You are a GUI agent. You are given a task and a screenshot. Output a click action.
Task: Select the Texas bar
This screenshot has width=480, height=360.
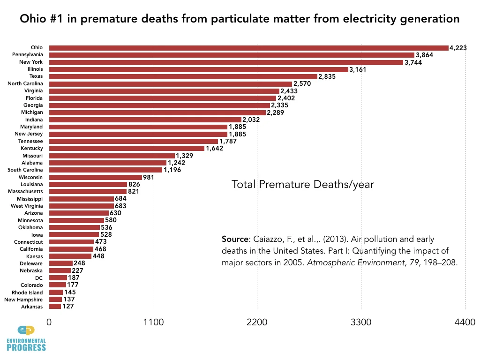coord(183,76)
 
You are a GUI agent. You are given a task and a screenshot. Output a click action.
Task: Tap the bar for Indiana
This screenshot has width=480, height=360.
coord(145,120)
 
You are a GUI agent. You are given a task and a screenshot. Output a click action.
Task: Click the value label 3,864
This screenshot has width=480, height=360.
coord(426,55)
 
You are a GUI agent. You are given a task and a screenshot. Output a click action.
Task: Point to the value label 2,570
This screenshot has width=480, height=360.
coord(303,83)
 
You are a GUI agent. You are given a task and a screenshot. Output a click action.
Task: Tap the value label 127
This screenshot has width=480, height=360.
coord(68,307)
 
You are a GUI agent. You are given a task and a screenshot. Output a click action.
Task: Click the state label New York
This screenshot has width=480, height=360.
coord(31,62)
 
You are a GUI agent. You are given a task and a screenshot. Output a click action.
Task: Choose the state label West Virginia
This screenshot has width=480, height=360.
coord(27,206)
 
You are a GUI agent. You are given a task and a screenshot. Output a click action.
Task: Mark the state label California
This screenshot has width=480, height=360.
coord(30,249)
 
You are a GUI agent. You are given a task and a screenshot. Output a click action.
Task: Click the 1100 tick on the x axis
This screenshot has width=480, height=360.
coord(153,322)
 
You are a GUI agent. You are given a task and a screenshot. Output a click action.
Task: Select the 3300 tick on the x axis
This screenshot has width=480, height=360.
coord(361,322)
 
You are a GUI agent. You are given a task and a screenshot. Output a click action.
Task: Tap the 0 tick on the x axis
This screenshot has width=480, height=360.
coord(49,322)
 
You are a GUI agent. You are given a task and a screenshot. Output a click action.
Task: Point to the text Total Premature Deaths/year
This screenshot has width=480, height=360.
coord(303,184)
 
